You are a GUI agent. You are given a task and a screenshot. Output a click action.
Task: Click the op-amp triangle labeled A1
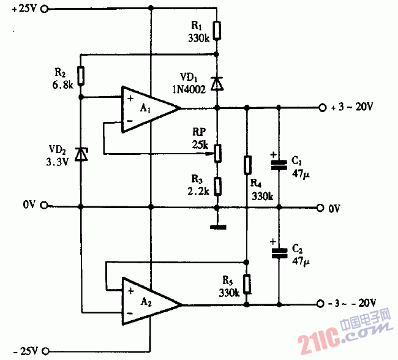coord(147,108)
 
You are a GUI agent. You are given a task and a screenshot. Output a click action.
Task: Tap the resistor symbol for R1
coord(217,29)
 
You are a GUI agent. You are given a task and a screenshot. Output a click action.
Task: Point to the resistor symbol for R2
coord(80,76)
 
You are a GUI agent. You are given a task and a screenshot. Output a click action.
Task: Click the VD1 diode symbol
coord(217,83)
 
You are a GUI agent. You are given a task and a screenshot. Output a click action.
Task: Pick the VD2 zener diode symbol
coord(80,154)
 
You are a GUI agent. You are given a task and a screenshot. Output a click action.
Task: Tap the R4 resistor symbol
coord(246,165)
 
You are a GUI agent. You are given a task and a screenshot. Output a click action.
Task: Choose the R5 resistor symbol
coord(246,283)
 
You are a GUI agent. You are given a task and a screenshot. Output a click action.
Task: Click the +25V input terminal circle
coord(43,9)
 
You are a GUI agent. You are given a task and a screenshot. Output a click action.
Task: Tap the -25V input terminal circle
coord(43,351)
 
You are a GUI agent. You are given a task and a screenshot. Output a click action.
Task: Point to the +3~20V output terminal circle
coord(322,108)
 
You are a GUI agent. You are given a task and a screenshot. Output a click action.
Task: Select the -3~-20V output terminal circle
coord(322,304)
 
